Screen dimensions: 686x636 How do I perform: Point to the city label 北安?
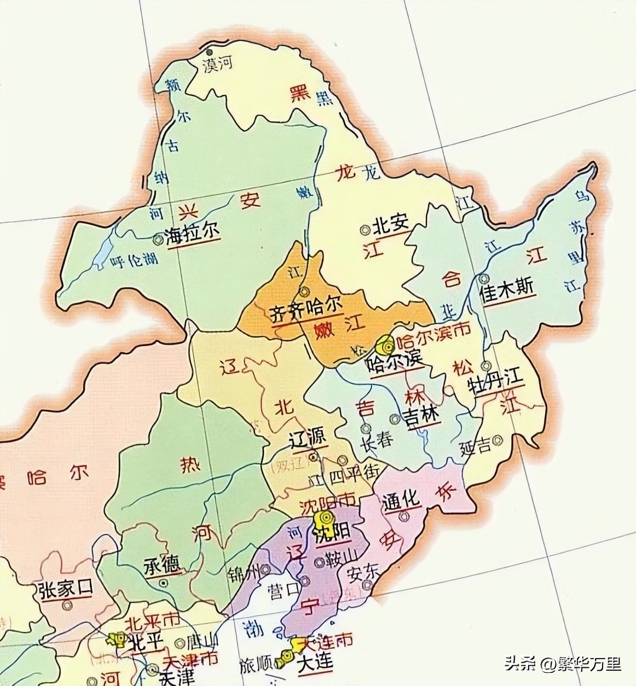(391, 224)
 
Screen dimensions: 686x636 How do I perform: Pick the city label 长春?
(376, 440)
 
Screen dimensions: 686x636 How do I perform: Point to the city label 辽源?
(308, 437)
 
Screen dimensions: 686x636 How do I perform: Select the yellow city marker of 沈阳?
(327, 518)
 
